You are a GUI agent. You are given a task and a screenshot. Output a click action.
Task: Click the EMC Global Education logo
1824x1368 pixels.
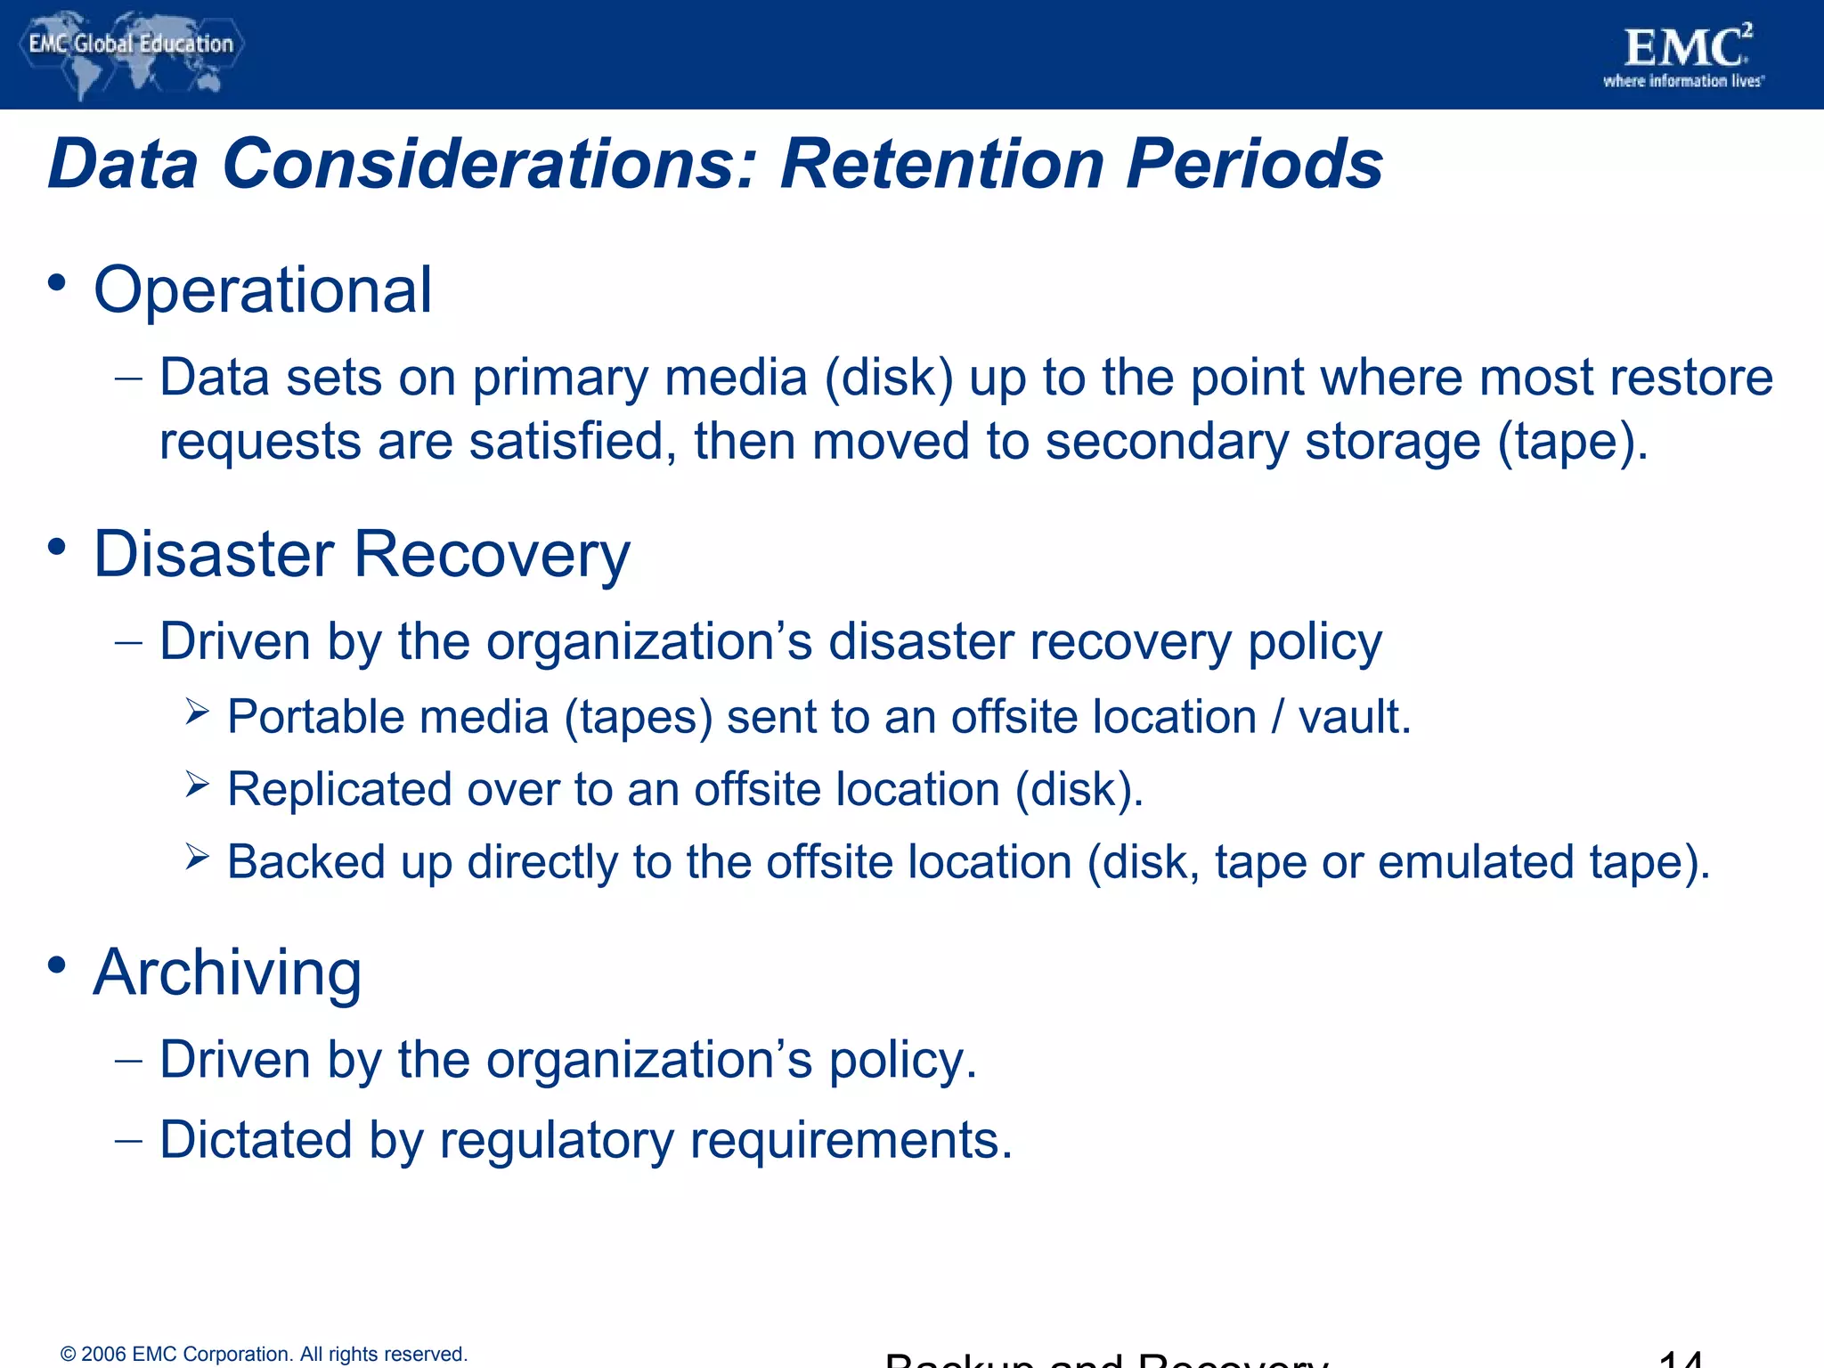coord(130,52)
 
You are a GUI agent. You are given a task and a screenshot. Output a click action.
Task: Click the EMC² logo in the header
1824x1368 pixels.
coord(1683,55)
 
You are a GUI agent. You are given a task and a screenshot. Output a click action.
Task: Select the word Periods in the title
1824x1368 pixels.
coord(1254,164)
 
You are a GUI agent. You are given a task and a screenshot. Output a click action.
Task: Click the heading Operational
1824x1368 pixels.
coord(263,290)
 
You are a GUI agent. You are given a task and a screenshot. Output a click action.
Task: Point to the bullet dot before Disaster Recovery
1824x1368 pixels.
coord(57,547)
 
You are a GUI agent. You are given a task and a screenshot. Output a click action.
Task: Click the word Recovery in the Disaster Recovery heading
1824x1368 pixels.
coord(492,555)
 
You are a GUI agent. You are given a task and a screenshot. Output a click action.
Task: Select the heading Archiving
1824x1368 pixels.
coord(228,973)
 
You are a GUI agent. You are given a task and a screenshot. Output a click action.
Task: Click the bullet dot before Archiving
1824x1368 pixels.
coord(57,965)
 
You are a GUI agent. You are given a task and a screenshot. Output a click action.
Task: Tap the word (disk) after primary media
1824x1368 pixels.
coord(888,379)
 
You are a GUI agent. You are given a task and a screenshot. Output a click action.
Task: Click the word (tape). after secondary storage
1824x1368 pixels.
coord(1572,443)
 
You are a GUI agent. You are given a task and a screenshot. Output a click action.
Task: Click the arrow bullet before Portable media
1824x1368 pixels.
coord(197,712)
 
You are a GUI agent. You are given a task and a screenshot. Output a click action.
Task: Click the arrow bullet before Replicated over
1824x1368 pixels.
coord(197,784)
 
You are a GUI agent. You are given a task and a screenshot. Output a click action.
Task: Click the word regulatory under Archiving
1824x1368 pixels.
coord(557,1141)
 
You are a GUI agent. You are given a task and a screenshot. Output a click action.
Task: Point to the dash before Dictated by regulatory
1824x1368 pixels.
coord(128,1141)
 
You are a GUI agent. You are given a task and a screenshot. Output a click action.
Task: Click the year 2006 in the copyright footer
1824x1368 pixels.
coord(103,1355)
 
